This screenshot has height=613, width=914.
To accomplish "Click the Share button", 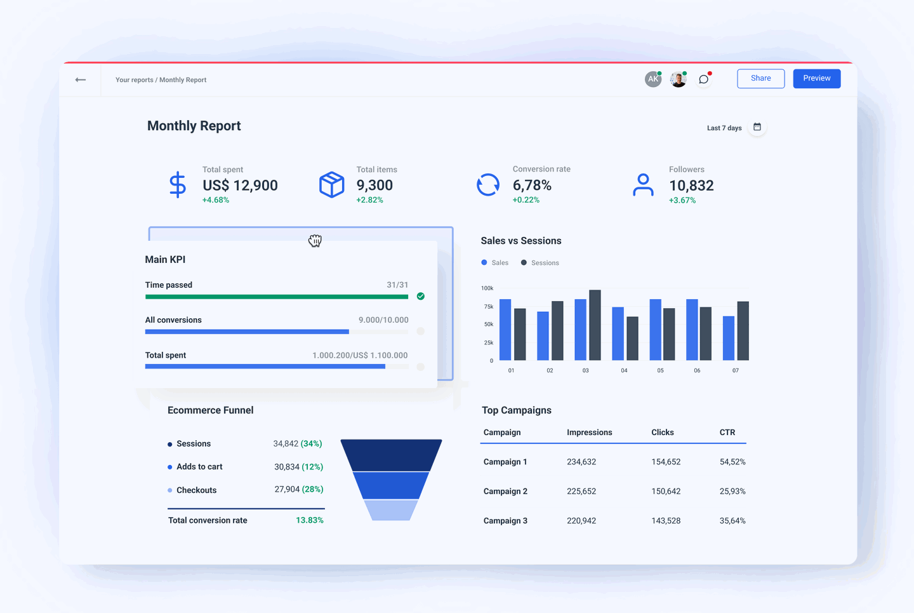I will point(760,79).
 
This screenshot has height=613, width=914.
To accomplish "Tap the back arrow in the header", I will point(81,80).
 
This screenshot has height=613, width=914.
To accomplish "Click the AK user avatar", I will point(652,79).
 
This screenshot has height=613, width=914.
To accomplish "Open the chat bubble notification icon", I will point(703,79).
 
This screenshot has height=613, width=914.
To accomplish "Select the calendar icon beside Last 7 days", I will point(757,128).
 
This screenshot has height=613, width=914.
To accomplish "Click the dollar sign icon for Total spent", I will point(178,185).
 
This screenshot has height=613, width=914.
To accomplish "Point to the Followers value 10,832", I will point(691,185).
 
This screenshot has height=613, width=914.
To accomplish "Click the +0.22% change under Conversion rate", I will point(526,200).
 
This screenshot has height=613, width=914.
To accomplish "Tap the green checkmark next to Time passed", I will point(421,297).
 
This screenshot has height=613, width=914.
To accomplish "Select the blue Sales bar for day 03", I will point(580,330).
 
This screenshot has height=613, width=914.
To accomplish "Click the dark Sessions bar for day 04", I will point(632,339).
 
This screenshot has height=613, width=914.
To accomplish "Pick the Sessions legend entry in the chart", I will point(540,263).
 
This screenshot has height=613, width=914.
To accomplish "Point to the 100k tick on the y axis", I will point(487,288).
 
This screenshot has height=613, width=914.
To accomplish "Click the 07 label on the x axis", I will point(736,370).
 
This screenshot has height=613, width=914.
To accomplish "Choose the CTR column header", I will point(727,433).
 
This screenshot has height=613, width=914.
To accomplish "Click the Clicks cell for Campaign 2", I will point(666,492).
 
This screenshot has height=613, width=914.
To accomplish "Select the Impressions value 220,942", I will point(581,521).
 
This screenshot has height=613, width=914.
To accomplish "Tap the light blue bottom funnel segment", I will point(391,510).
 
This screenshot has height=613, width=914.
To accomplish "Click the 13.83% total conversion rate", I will point(310,520).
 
